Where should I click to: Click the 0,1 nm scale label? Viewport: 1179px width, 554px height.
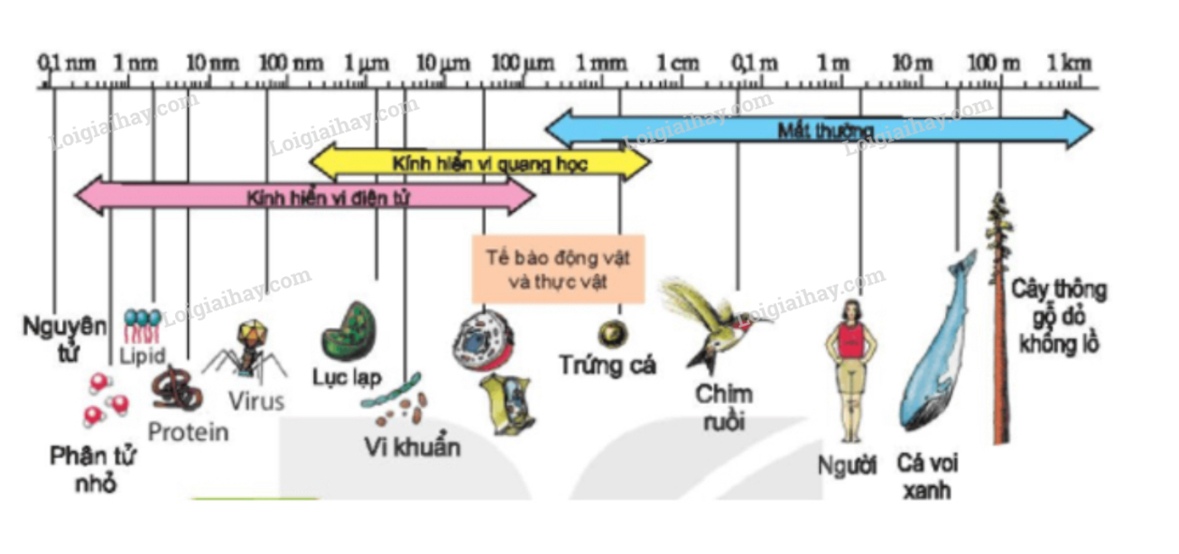click(x=66, y=63)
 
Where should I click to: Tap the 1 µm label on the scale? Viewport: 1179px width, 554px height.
click(x=367, y=63)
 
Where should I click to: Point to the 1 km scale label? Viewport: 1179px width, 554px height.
click(x=1069, y=63)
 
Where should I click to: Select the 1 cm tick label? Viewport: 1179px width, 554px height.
click(x=677, y=63)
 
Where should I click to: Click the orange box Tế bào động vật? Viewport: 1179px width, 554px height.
click(x=558, y=268)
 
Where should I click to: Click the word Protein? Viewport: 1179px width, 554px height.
click(x=188, y=432)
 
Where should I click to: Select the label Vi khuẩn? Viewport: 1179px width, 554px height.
click(x=413, y=447)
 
